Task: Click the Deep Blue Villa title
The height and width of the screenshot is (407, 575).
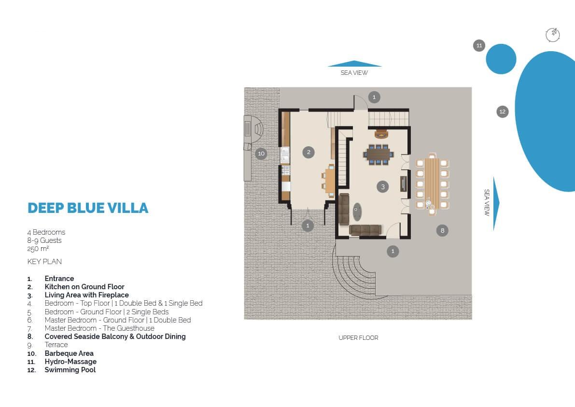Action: click(88, 208)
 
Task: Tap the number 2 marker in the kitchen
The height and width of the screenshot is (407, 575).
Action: click(309, 152)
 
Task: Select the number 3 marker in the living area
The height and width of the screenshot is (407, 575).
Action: click(383, 187)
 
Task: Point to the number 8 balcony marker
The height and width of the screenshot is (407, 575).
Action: click(442, 230)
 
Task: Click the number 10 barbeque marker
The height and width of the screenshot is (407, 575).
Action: click(261, 153)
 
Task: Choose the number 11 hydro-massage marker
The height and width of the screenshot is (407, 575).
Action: click(479, 45)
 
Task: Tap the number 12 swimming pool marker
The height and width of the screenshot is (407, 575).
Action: click(503, 112)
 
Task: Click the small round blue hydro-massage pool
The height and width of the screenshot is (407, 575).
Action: click(501, 59)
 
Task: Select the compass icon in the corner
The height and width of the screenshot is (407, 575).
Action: click(553, 35)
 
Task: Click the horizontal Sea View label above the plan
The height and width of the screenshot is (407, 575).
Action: click(354, 72)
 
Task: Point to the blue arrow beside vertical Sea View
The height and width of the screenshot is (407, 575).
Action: click(496, 204)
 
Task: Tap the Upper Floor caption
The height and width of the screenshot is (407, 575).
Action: click(358, 337)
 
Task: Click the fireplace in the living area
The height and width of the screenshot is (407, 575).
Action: click(381, 134)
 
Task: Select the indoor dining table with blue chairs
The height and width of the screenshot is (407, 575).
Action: click(379, 154)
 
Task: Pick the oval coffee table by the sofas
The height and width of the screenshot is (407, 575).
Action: click(357, 212)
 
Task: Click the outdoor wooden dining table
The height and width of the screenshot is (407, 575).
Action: click(432, 183)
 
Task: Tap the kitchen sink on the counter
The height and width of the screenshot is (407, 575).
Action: click(285, 154)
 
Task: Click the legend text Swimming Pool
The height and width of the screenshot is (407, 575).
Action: click(70, 370)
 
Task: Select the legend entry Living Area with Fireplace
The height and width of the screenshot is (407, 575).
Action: click(86, 295)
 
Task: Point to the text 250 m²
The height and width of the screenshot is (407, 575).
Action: click(38, 249)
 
